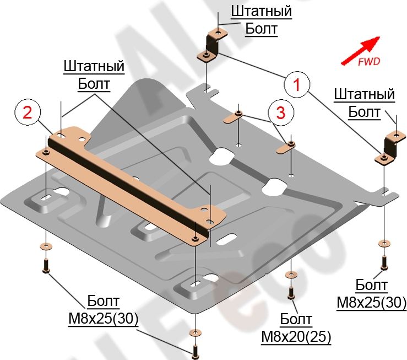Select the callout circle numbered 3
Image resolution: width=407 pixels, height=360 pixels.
(280, 114)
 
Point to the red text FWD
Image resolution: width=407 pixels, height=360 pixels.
(368, 62)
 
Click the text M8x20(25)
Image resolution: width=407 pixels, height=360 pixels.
(296, 335)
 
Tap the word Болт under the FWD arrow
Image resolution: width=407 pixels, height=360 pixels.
(365, 112)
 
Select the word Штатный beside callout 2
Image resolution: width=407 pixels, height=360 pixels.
(94, 67)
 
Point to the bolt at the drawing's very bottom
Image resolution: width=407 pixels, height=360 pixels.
(195, 350)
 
